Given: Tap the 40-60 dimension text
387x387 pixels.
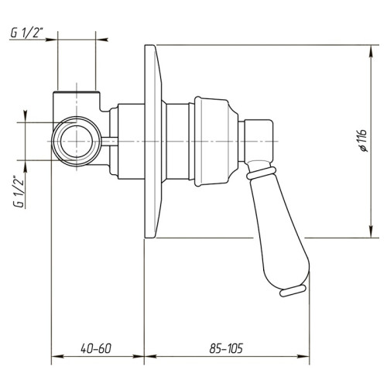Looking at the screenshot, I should click(x=97, y=349).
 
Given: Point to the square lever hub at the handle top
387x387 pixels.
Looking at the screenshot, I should click(x=259, y=139).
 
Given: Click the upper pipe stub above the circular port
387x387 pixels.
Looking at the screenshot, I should click(x=77, y=99).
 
